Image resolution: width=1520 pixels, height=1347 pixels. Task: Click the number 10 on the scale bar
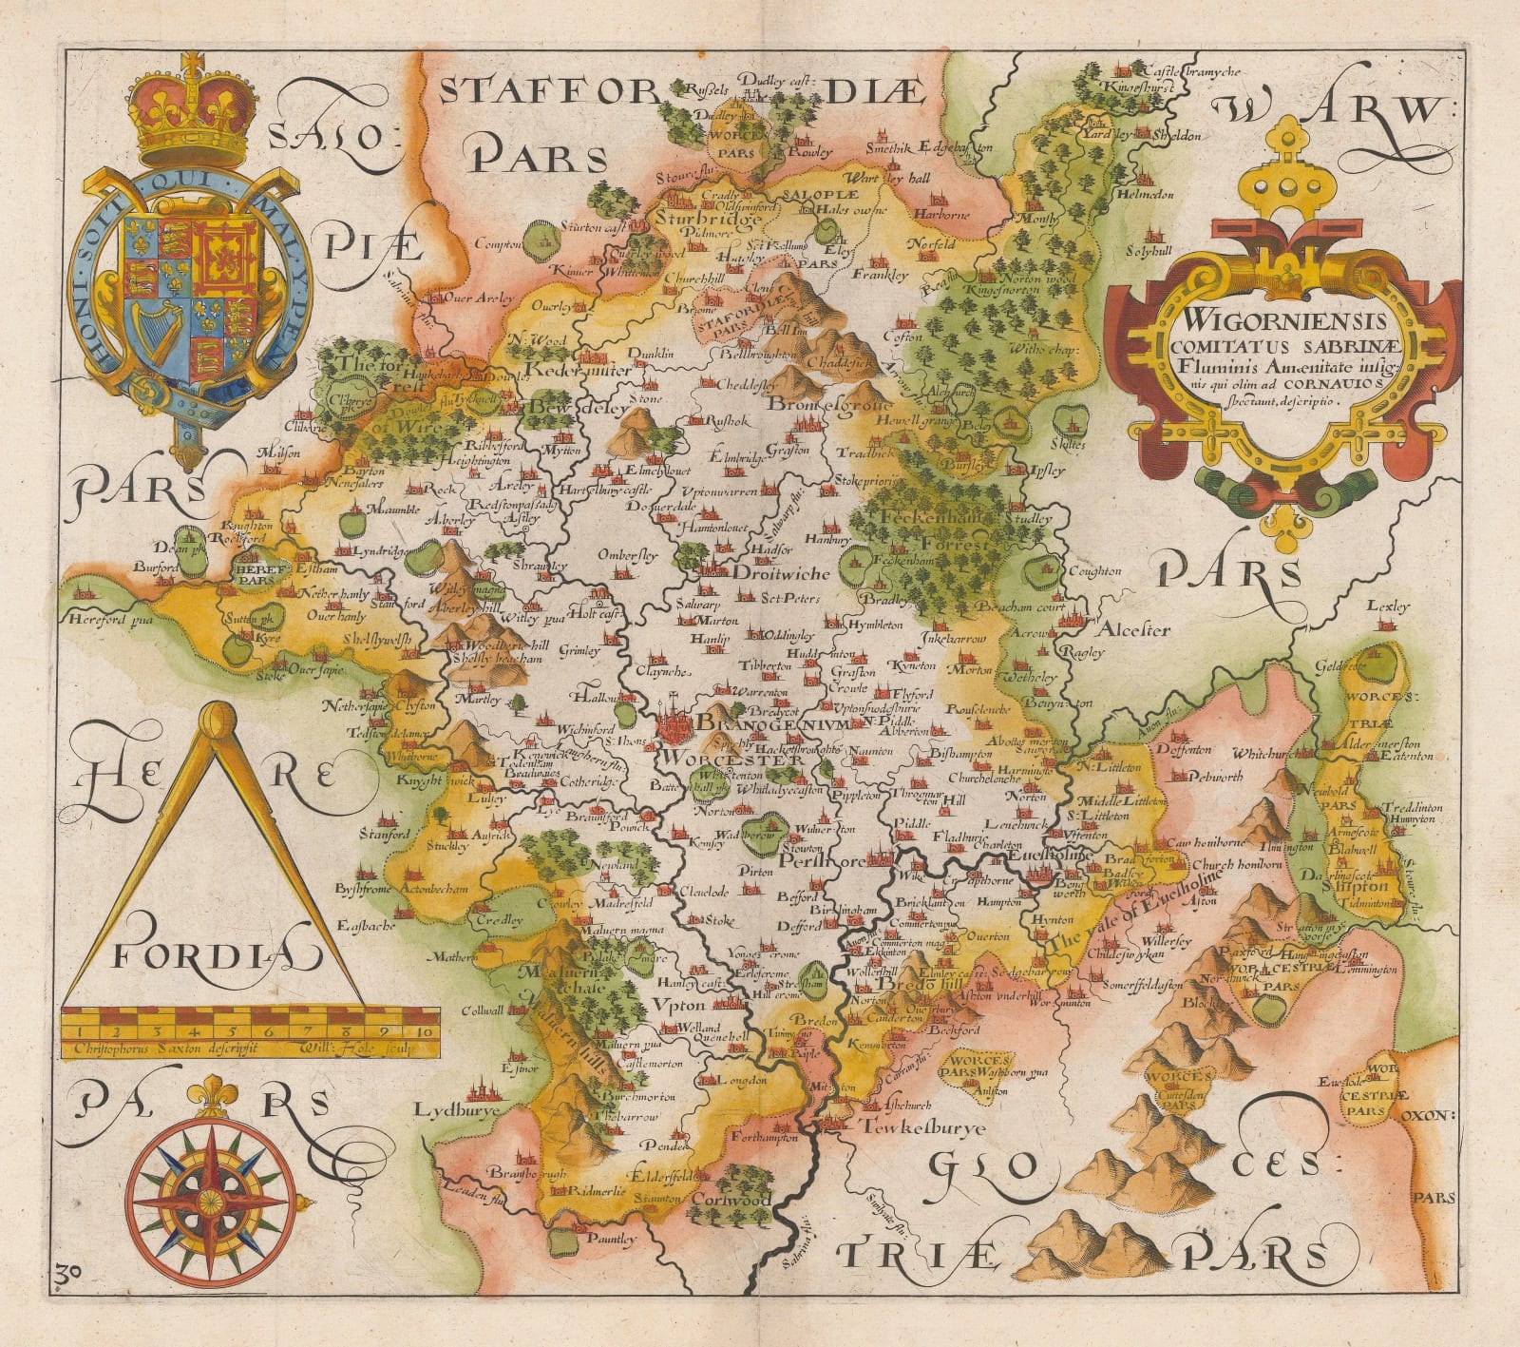point(424,1031)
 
